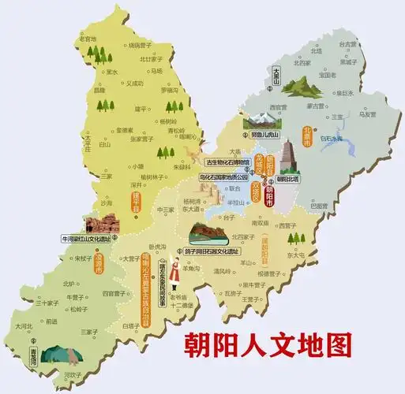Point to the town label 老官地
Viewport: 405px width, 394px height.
pyautogui.click(x=88, y=37)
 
